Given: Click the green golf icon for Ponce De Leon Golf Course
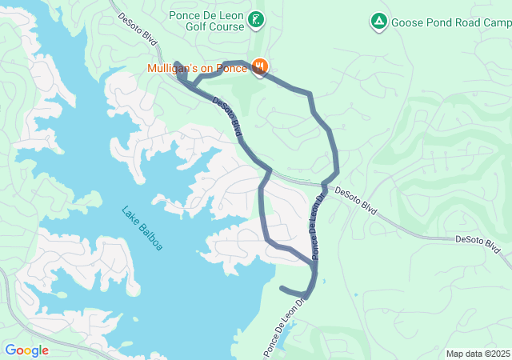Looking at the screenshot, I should (255, 20).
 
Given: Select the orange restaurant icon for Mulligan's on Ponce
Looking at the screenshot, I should (259, 67).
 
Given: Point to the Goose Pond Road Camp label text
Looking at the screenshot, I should (450, 22).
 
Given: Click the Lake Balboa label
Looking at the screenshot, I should (142, 229).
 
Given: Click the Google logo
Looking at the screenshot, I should (26, 350).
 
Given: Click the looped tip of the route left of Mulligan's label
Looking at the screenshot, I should (177, 65).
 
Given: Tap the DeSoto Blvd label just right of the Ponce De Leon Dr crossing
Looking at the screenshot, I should (356, 199).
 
